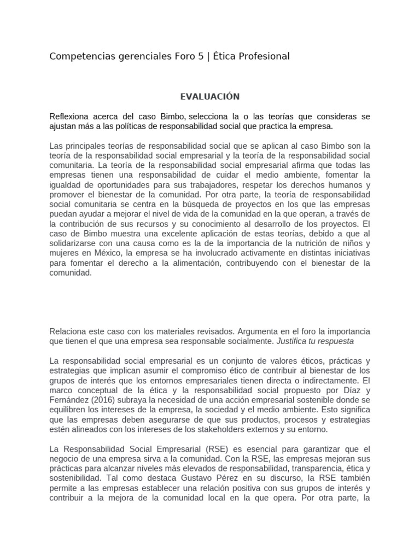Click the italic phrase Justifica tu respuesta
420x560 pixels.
pyautogui.click(x=316, y=341)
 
